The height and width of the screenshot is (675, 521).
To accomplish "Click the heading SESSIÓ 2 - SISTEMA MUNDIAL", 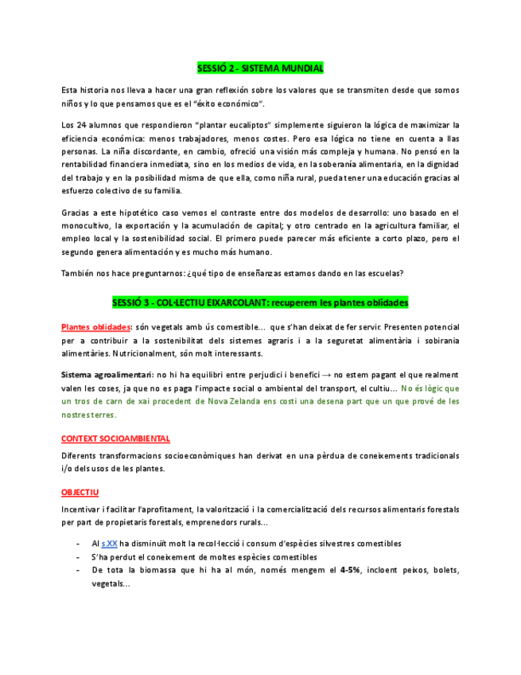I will (x=260, y=68).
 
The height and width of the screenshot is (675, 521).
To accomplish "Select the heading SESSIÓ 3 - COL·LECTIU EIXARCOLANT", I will (x=260, y=303).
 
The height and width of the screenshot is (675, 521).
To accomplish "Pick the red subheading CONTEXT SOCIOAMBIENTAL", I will (x=115, y=439).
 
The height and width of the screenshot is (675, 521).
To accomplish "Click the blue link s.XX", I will (x=110, y=543).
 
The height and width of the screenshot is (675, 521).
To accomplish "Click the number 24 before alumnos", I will (x=82, y=126).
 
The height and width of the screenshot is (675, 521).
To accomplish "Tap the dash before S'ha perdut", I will (x=77, y=556).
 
